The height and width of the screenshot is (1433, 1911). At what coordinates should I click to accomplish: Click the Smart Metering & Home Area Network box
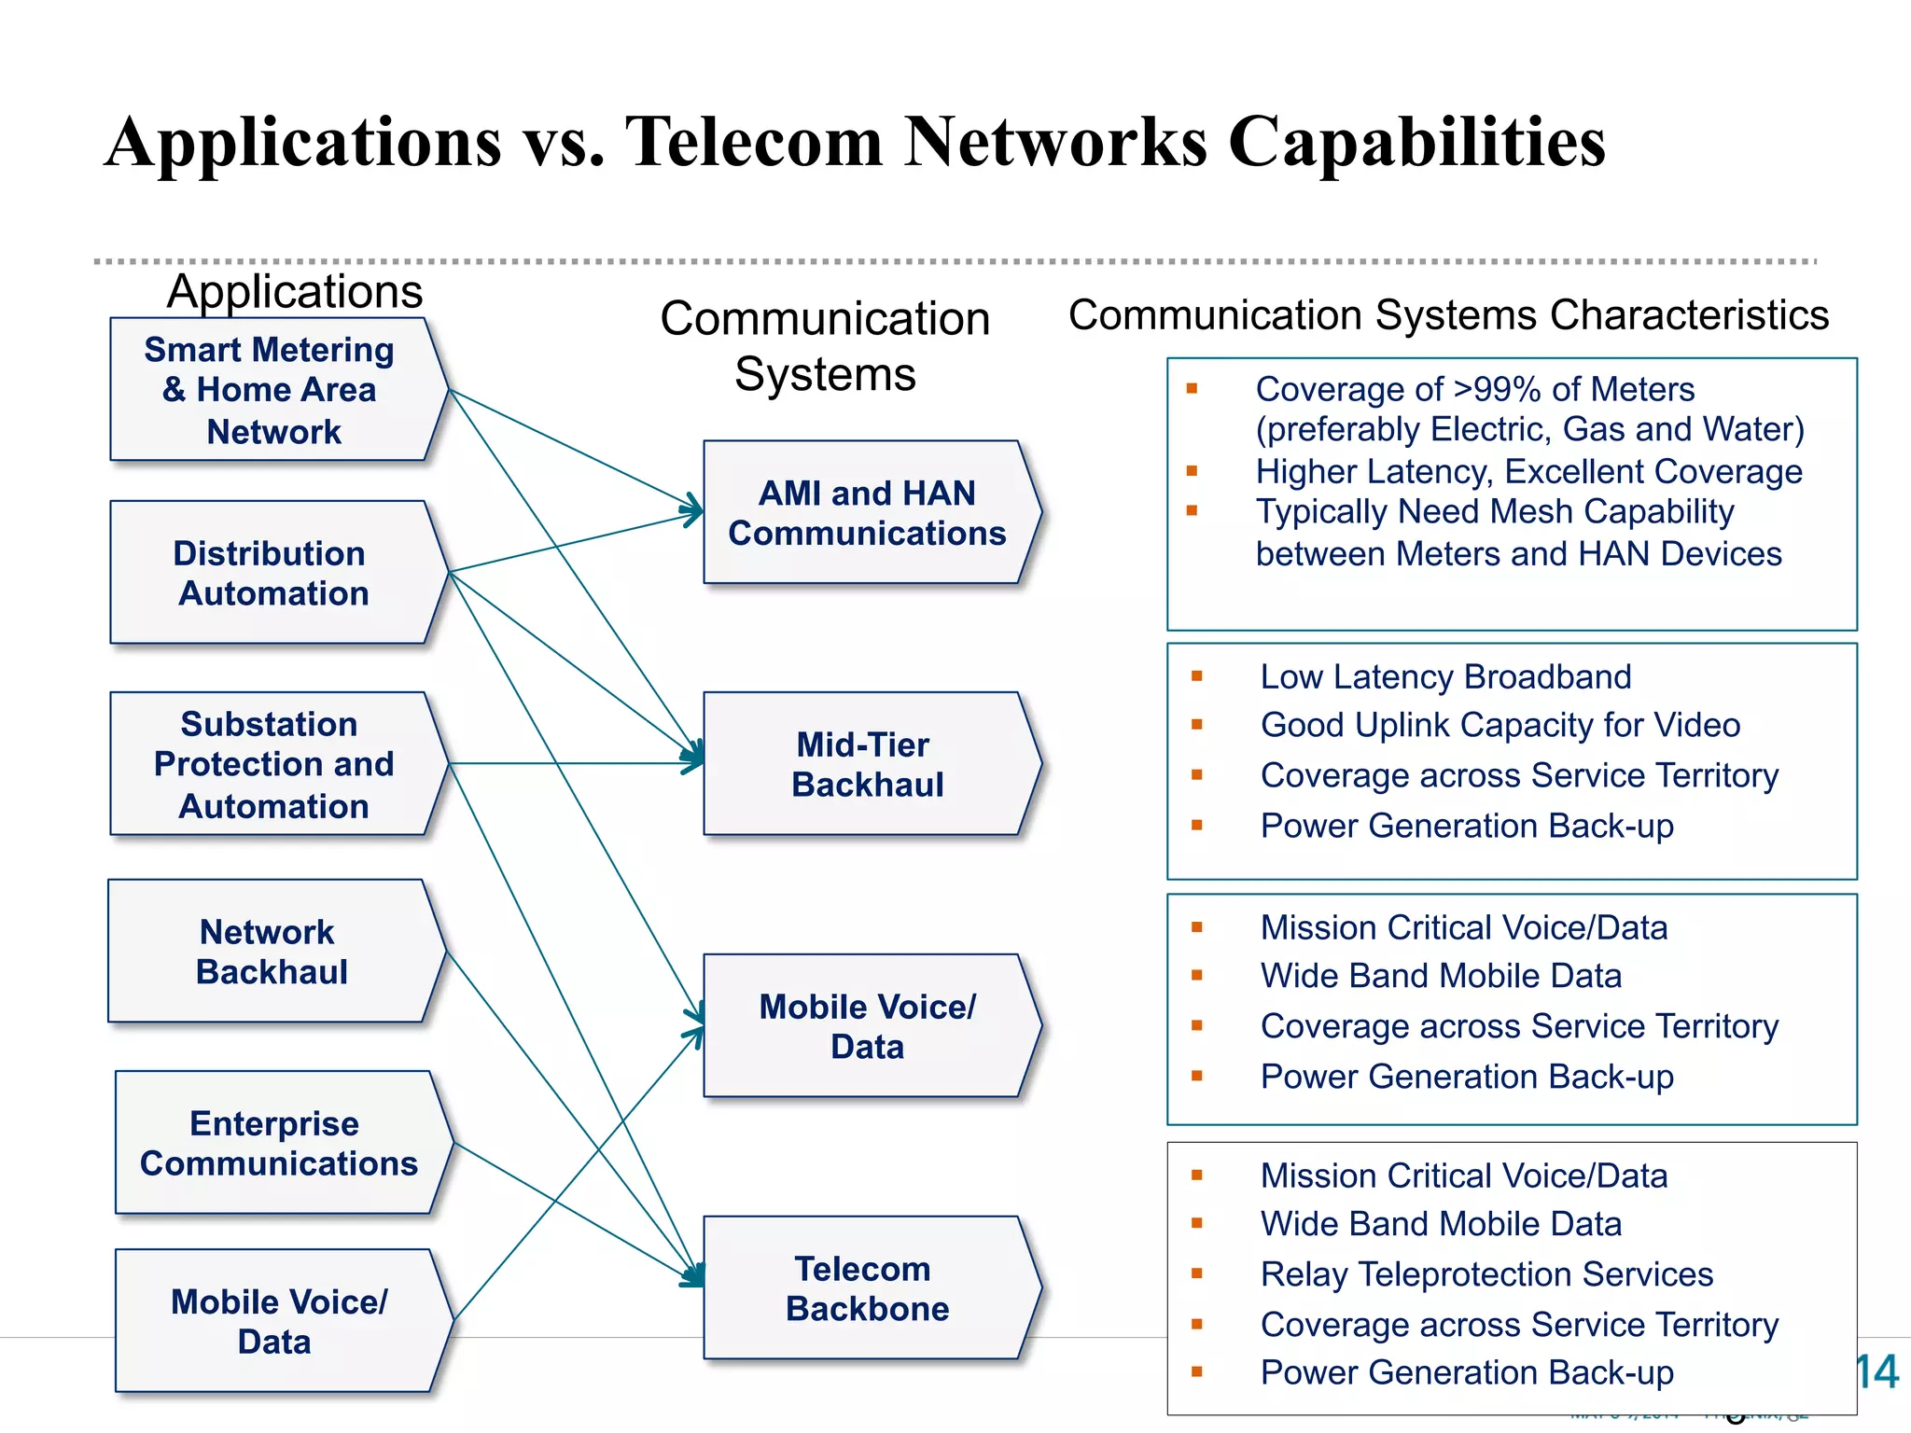(271, 390)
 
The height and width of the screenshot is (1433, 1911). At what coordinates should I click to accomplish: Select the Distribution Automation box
(271, 573)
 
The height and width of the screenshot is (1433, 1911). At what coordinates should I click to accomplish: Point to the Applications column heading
(295, 291)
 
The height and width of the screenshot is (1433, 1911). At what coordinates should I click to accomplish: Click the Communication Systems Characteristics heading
(1448, 315)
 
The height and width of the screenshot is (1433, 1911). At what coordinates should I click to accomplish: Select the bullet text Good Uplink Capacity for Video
(1500, 725)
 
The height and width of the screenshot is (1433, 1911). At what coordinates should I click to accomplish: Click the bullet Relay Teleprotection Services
(1486, 1274)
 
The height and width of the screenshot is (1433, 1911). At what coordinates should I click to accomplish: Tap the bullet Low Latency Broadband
(1445, 676)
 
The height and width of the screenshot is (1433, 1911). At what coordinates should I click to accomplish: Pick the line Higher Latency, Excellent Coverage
(1528, 471)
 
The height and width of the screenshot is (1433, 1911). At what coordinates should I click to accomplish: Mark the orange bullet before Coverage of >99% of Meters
(1192, 389)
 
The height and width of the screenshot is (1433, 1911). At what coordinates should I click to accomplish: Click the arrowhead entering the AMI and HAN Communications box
(693, 509)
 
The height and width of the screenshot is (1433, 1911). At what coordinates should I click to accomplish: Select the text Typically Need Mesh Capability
(1494, 511)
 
